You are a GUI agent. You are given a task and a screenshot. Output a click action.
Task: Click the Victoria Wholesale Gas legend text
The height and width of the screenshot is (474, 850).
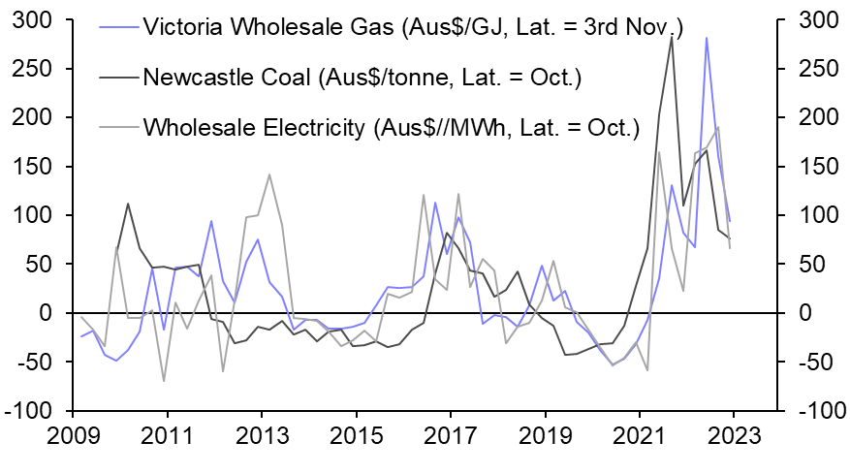[x=412, y=27]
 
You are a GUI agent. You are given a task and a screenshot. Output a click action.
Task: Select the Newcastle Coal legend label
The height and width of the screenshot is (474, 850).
[x=361, y=77]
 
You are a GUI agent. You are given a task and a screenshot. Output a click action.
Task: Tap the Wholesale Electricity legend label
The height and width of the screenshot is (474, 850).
[x=391, y=126]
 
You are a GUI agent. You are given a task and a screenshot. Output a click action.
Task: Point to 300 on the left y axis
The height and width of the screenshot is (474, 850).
[x=32, y=20]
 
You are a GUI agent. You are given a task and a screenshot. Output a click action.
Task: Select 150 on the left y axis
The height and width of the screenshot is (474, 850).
[x=32, y=167]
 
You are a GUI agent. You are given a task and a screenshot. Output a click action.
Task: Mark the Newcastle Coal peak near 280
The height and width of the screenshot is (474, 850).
[x=672, y=37]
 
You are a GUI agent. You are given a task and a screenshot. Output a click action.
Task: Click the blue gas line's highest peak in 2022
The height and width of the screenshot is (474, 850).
[x=707, y=38]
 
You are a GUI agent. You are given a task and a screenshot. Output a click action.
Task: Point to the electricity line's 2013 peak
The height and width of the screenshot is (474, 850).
[x=268, y=174]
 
